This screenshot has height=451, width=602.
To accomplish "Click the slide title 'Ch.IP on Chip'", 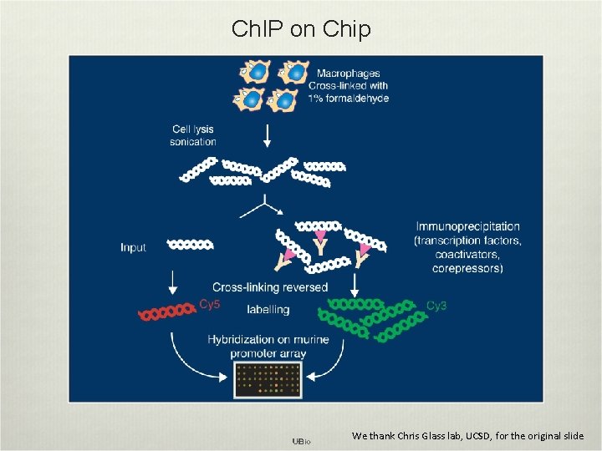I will (x=301, y=29).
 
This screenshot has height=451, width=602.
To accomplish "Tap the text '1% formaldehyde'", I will (x=349, y=99).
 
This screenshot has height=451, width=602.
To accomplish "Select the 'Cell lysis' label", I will (x=193, y=129).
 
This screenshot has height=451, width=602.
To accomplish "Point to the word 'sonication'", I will (x=193, y=142).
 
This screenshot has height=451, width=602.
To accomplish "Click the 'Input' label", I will (x=133, y=247).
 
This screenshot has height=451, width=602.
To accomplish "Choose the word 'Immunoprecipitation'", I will (x=467, y=226).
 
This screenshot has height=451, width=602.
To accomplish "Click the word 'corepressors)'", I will (x=467, y=268).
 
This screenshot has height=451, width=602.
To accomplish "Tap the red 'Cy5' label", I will (x=210, y=304).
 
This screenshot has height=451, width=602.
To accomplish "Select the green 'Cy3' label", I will (x=436, y=306).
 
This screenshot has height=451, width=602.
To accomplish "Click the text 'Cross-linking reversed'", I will (x=270, y=287).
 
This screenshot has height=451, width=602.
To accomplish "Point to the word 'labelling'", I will (x=268, y=309).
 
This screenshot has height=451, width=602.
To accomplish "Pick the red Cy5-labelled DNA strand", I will (x=167, y=314).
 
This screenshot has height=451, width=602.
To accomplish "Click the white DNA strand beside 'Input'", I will (x=191, y=245).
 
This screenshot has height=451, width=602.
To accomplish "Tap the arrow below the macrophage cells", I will (x=268, y=134).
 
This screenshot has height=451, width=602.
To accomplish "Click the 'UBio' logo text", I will (x=301, y=440).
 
